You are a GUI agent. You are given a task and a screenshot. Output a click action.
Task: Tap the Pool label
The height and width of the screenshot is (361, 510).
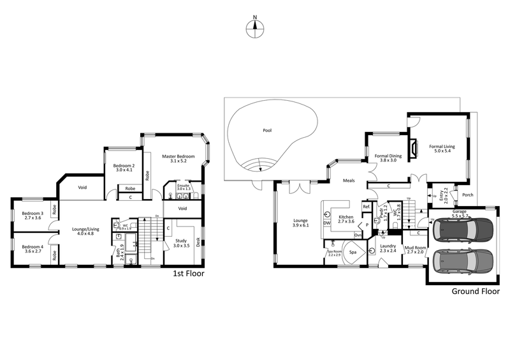tap(267, 130)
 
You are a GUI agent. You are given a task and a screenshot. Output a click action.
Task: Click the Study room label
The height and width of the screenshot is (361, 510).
tap(182, 242)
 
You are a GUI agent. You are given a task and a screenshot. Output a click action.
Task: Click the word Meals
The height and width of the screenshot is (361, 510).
tap(349, 180)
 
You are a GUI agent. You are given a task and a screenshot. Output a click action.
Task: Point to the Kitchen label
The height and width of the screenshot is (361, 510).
tap(346, 217)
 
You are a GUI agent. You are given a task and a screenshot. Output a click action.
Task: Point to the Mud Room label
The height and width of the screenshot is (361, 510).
tap(415, 249)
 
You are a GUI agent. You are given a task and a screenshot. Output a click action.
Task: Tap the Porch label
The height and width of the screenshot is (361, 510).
tap(467, 195)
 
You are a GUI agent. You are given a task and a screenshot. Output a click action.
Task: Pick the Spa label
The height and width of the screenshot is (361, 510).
tap(352, 253)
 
